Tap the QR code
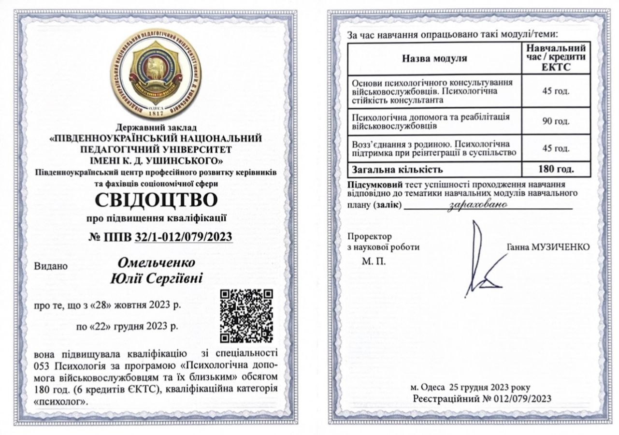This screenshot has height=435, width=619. tap(246, 315)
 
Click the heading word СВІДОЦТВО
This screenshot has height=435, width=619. tap(156, 200)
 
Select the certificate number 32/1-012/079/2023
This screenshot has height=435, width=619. tap(184, 236)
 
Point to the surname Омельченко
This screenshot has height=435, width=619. tap(157, 263)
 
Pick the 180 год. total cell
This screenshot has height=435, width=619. tap(556, 170)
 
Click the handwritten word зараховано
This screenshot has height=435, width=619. tap(478, 205)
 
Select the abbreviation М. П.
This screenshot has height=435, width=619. tap(371, 262)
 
